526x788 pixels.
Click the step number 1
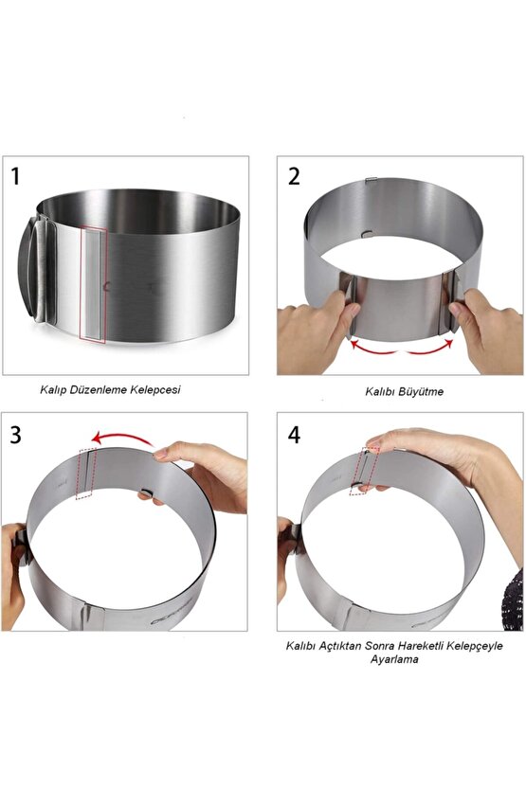pos(16,175)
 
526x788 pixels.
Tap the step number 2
pos(294,175)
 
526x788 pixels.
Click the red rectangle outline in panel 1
pos(94,284)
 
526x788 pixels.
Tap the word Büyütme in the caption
pos(421,390)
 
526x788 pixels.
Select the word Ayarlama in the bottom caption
pos(394,659)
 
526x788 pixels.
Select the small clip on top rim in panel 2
pos(372,181)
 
